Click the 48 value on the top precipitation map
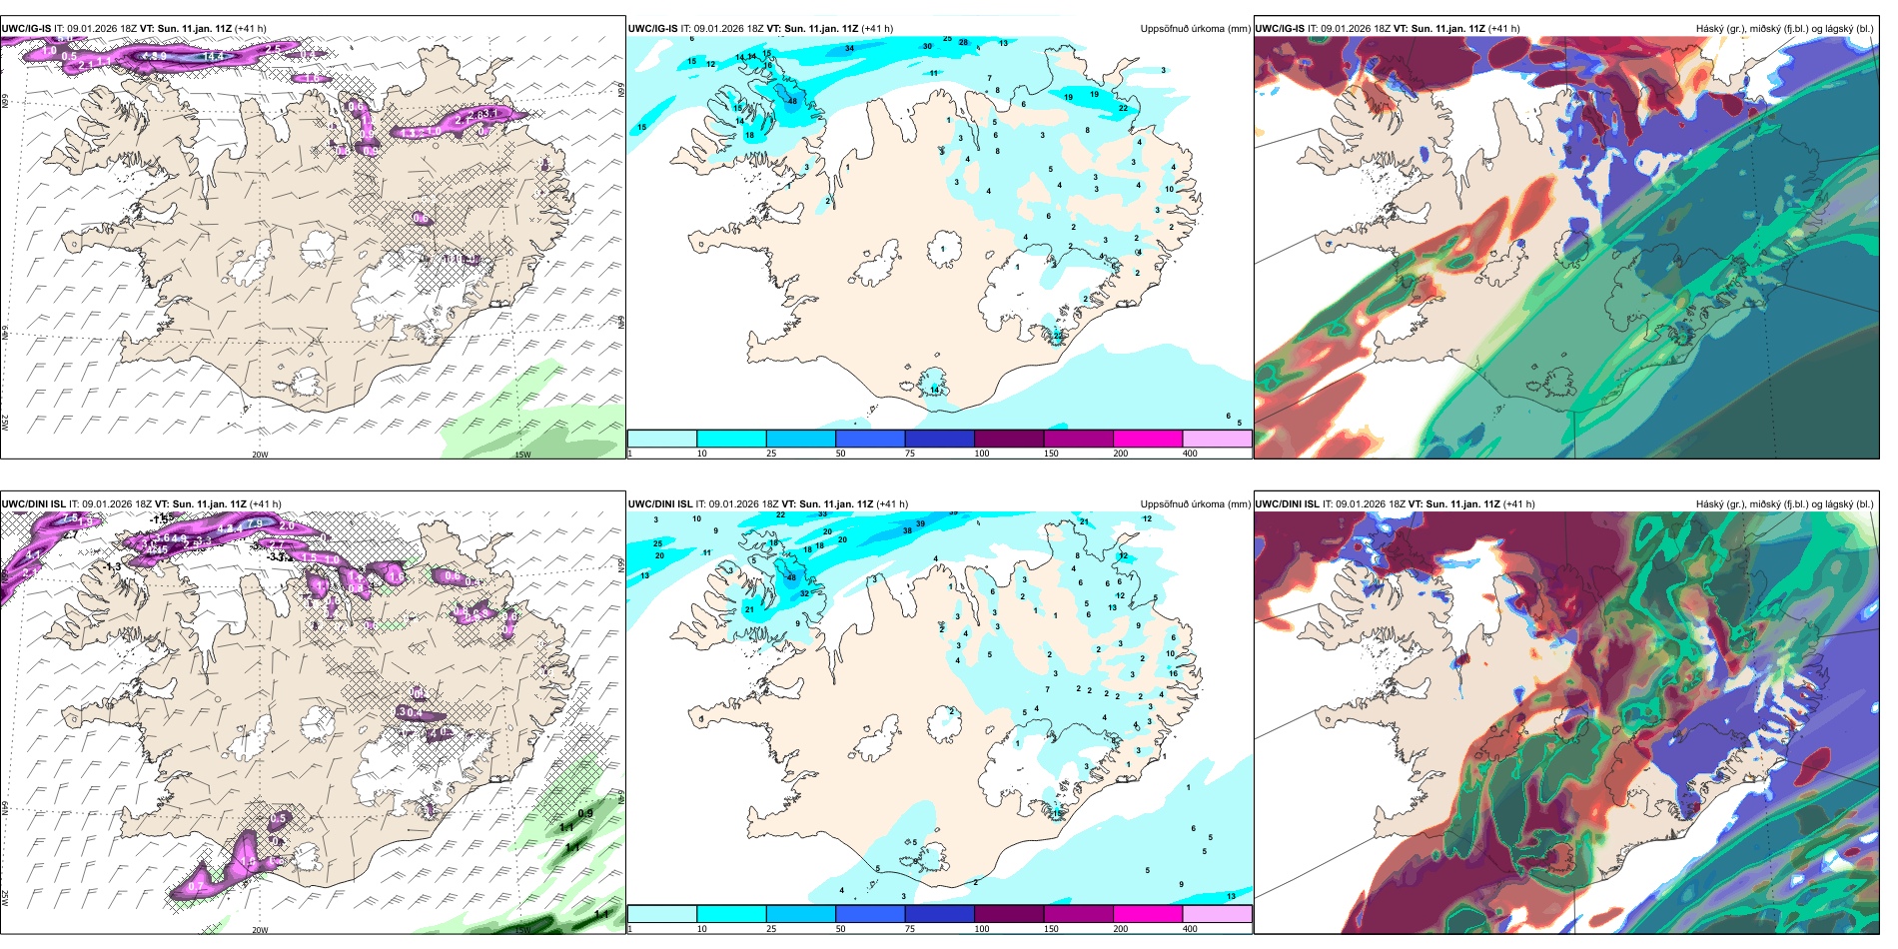pos(792,101)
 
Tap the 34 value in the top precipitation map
pos(849,48)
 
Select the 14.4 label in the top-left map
pos(213,57)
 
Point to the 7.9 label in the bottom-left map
pos(255,523)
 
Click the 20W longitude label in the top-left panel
pos(260,455)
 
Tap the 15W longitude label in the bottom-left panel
pos(521,930)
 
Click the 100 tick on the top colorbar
pos(982,454)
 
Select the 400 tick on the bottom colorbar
pos(1190,929)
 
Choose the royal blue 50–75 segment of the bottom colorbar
pos(869,914)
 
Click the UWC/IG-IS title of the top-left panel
pos(26,29)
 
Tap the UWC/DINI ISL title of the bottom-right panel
pos(1287,504)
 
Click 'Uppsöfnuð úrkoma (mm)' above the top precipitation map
pos(1195,29)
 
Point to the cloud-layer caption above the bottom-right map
pos(1784,504)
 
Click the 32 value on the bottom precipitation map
pos(804,593)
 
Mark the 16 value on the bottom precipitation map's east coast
pos(1174,673)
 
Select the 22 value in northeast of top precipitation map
pos(1123,108)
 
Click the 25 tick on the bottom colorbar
pos(771,929)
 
